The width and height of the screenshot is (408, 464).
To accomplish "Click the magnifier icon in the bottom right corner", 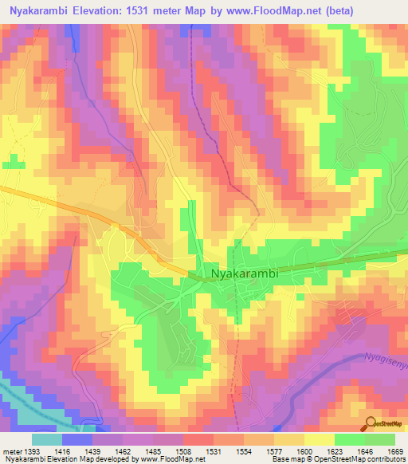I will (371, 424).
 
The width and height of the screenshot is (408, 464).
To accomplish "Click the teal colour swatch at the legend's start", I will (46, 439).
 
